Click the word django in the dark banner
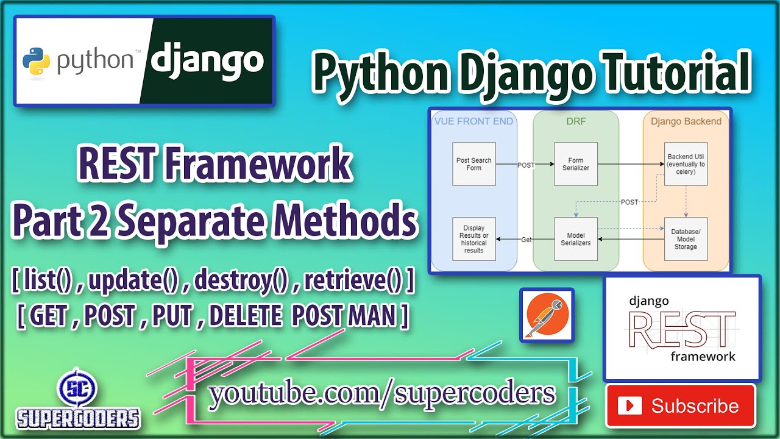[207, 60]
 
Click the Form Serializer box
[576, 164]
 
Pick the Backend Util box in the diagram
[686, 164]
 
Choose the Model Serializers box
[576, 239]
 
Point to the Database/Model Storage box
[686, 239]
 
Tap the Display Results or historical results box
[474, 239]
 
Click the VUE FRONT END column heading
[474, 121]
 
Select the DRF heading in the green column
[576, 121]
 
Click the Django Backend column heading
[686, 121]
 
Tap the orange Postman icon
[547, 314]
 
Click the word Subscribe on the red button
[695, 406]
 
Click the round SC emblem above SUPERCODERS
[77, 389]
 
